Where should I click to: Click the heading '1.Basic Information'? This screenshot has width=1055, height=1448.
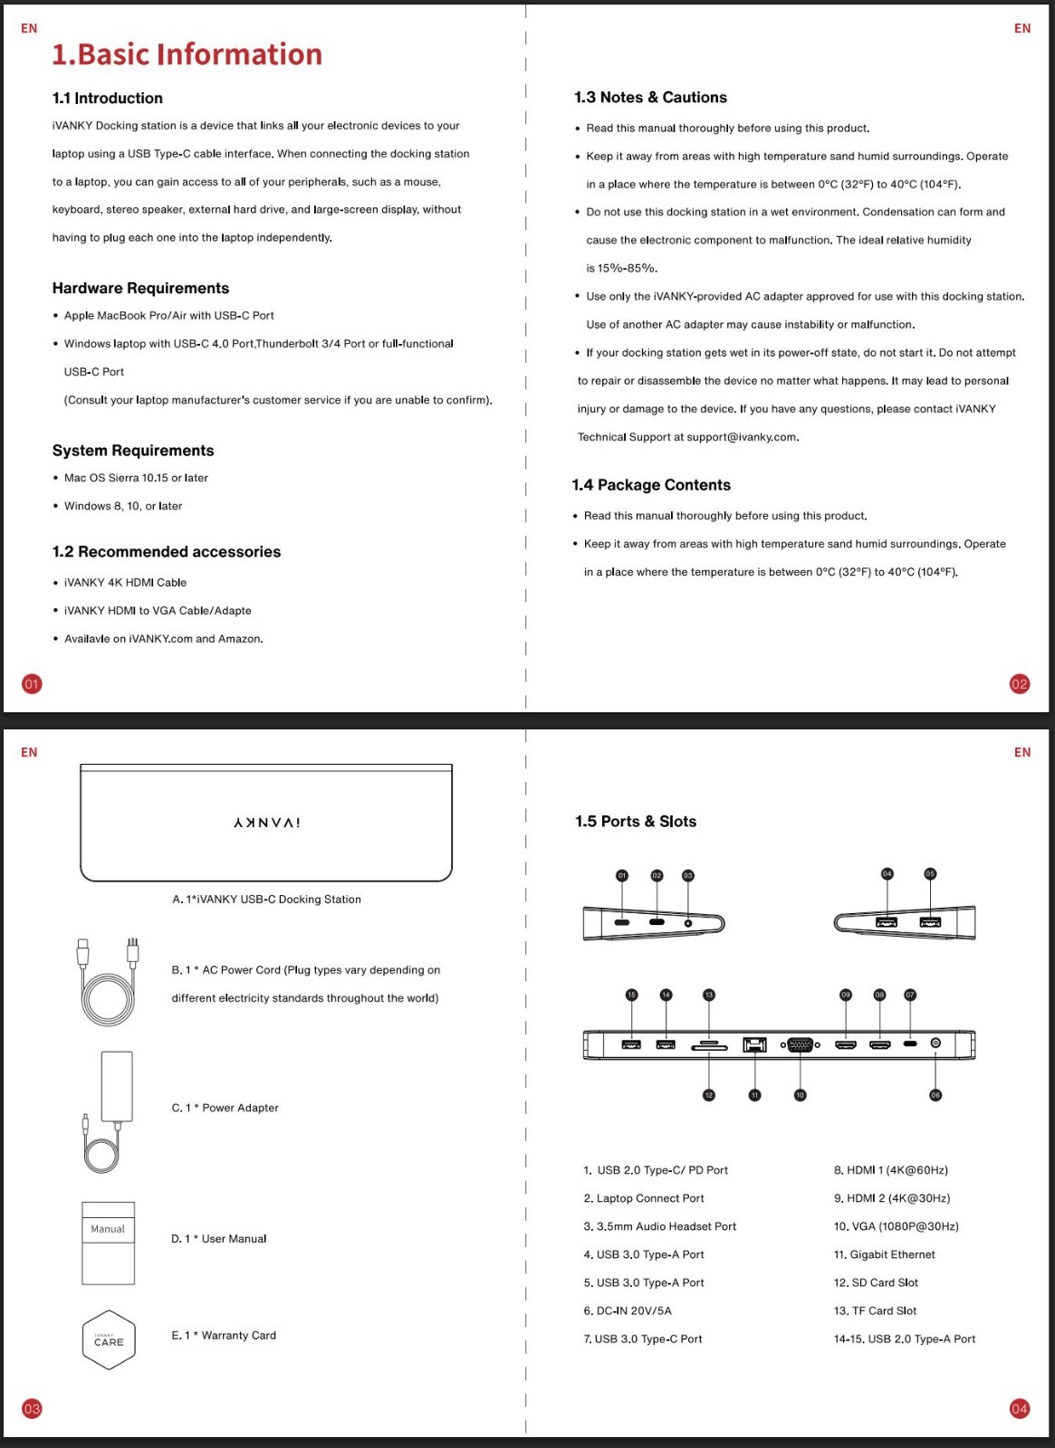pos(187,54)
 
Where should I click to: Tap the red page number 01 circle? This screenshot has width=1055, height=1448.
pos(32,684)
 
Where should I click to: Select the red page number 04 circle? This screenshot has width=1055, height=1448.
pos(1020,1408)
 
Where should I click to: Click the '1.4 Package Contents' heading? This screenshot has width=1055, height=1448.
pos(651,485)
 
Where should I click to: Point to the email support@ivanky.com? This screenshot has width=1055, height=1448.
pos(742,437)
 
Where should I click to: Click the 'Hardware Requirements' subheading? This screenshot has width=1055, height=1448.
pos(140,288)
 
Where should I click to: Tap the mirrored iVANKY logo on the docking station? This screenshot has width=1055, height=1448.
pos(266,823)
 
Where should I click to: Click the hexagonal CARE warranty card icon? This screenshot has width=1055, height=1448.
pos(109,1340)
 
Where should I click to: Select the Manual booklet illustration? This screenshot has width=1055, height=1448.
pos(109,1243)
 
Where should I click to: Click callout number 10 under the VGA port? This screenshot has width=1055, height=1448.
pos(800,1095)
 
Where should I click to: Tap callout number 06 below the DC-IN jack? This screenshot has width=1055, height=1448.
pos(935,1095)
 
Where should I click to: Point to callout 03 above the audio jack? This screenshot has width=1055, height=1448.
pos(688,875)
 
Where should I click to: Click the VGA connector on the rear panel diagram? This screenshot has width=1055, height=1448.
pos(800,1044)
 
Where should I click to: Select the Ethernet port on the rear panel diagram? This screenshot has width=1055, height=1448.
pos(754,1044)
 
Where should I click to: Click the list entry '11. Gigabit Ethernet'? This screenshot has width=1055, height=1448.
pos(884,1254)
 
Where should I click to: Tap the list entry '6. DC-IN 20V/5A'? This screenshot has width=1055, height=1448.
pos(628,1310)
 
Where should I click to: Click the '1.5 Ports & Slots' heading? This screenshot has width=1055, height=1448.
pos(636,822)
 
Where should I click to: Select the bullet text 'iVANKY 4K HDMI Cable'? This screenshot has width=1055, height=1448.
pos(125,583)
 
